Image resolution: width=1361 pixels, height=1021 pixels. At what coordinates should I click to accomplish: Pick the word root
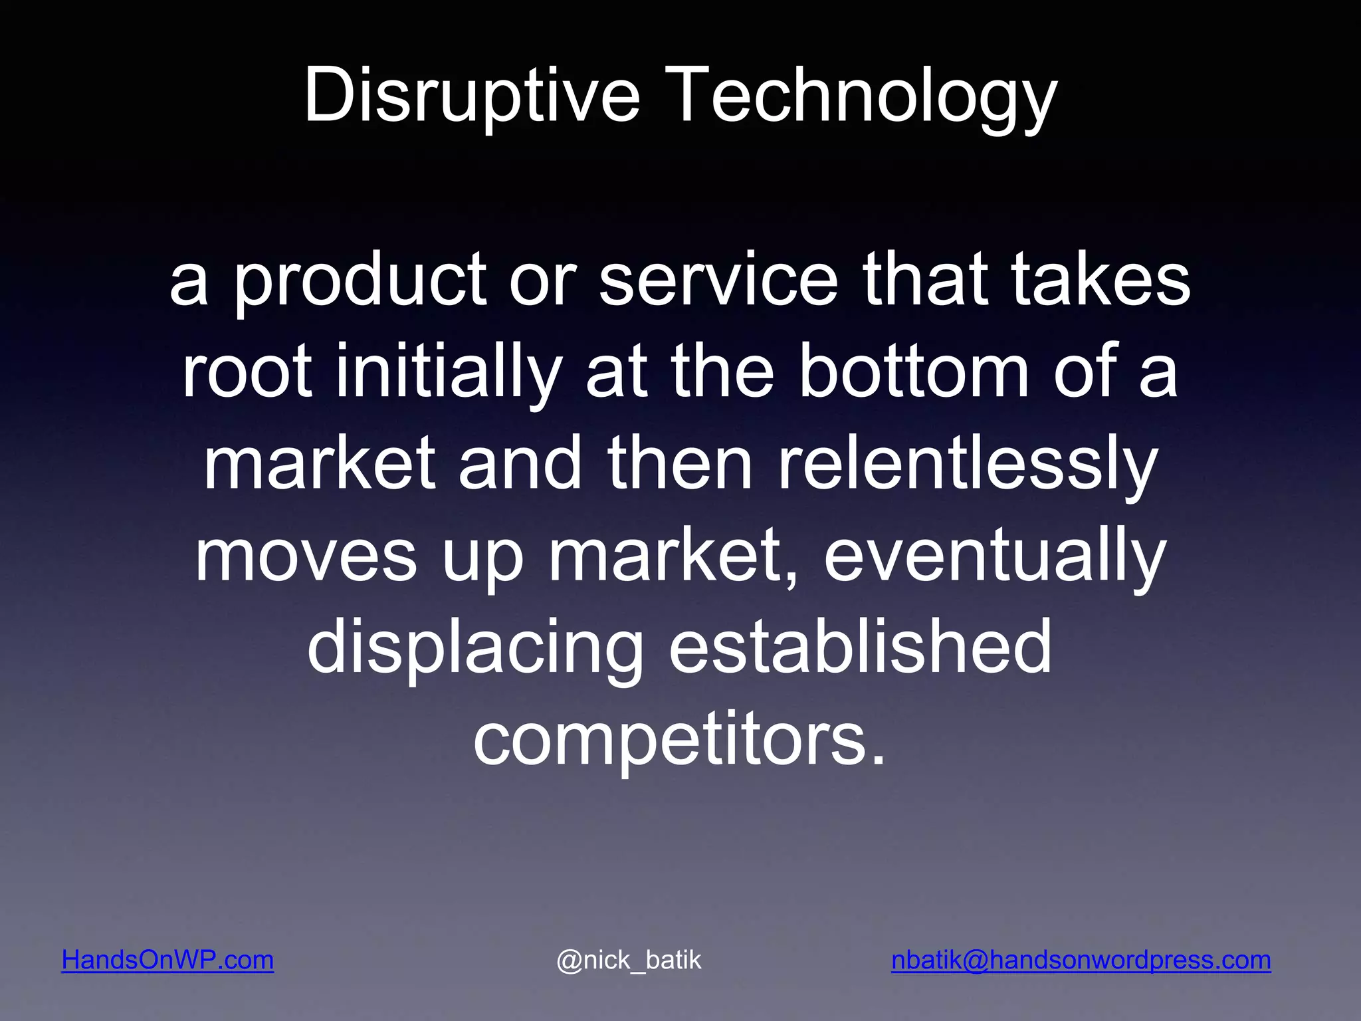pyautogui.click(x=247, y=372)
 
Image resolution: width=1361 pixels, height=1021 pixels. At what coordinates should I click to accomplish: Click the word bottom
pyautogui.click(x=913, y=372)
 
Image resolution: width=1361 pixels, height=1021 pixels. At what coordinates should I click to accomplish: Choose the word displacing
pyautogui.click(x=475, y=647)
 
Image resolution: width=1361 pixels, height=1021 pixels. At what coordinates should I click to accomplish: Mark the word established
pyautogui.click(x=860, y=647)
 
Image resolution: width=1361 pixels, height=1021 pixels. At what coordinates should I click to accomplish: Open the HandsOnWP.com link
pyautogui.click(x=167, y=960)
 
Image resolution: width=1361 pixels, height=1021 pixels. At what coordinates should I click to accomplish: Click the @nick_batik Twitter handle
pyautogui.click(x=629, y=960)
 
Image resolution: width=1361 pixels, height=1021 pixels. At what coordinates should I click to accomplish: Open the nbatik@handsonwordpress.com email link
pyautogui.click(x=1081, y=960)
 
